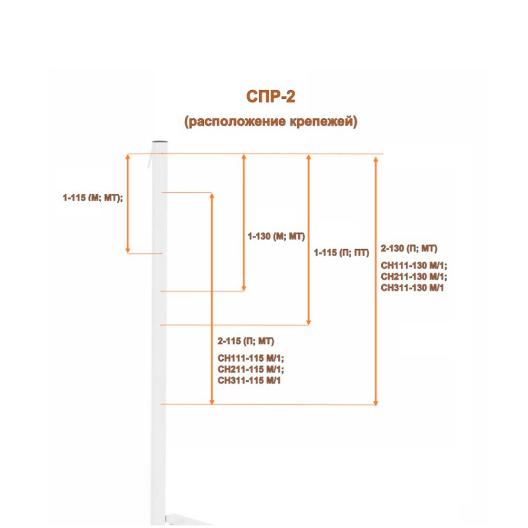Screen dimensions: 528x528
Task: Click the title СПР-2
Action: pyautogui.click(x=271, y=97)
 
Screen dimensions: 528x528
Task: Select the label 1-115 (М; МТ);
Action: pyautogui.click(x=93, y=197)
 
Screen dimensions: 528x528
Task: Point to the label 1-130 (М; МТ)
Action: pyautogui.click(x=276, y=237)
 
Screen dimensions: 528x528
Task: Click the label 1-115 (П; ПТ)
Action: pyautogui.click(x=342, y=252)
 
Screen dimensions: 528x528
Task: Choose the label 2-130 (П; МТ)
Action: pyautogui.click(x=409, y=249)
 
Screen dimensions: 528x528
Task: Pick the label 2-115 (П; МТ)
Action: pyautogui.click(x=246, y=341)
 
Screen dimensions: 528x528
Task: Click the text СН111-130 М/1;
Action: pyautogui.click(x=414, y=266)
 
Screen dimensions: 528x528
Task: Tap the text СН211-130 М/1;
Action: pyautogui.click(x=414, y=277)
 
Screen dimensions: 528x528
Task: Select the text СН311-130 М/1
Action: pyautogui.click(x=412, y=288)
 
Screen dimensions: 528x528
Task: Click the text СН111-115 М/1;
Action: pyautogui.click(x=251, y=359)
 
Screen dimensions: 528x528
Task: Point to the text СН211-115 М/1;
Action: pyautogui.click(x=251, y=370)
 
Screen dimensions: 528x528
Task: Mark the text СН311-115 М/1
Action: pyautogui.click(x=249, y=381)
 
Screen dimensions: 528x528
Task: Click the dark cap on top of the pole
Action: pyautogui.click(x=161, y=142)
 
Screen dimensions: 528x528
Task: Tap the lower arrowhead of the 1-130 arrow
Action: pyautogui.click(x=244, y=288)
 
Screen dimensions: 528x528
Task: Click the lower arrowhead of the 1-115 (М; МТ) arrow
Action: pyautogui.click(x=128, y=250)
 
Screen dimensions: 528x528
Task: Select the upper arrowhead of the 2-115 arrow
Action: pyautogui.click(x=212, y=196)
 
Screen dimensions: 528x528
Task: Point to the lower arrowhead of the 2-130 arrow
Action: pyautogui.click(x=376, y=403)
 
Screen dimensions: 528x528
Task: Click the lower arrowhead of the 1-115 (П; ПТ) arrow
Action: pyautogui.click(x=308, y=323)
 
